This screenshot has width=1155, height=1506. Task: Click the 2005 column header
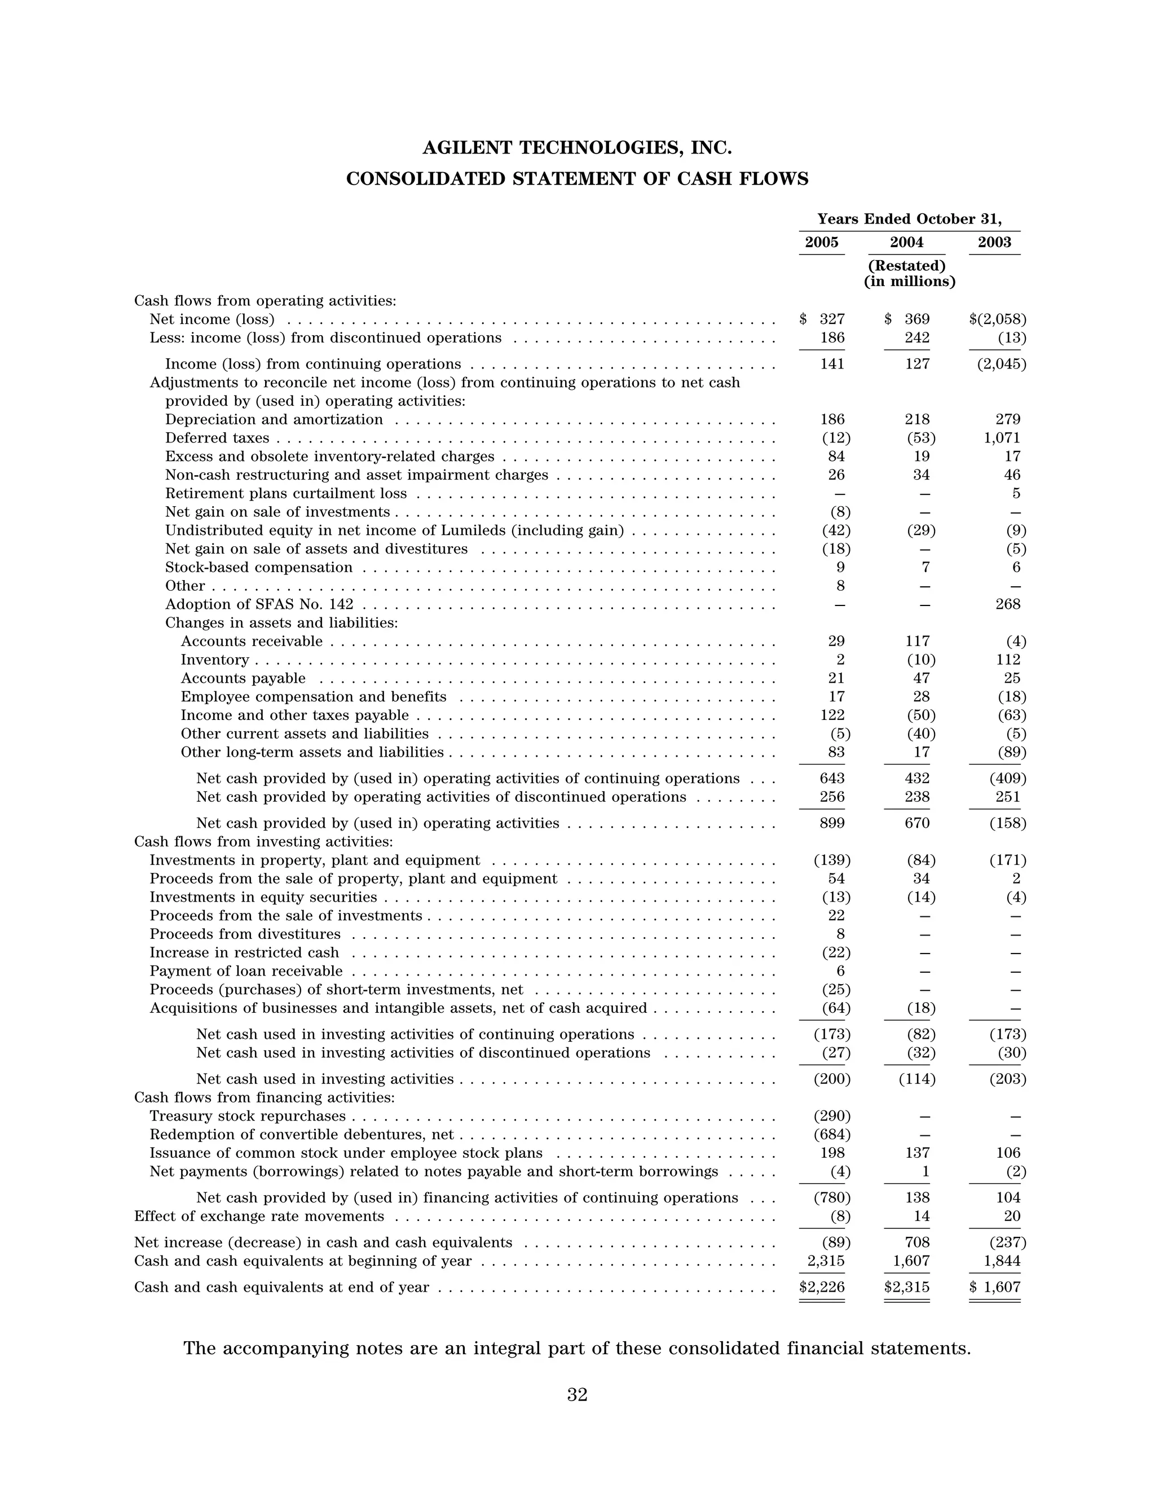pyautogui.click(x=822, y=242)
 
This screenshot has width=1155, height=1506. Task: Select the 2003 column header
pyautogui.click(x=994, y=242)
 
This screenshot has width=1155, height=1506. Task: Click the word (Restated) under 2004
pyautogui.click(x=907, y=265)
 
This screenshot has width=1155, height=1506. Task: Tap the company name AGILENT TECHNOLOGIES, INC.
pyautogui.click(x=577, y=148)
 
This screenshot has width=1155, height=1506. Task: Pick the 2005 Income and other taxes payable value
pyautogui.click(x=832, y=715)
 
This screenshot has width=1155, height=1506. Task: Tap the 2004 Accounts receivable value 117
pyautogui.click(x=917, y=642)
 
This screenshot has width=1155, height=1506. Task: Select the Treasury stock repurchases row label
pyautogui.click(x=248, y=1116)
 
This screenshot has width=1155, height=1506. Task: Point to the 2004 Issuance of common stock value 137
pyautogui.click(x=917, y=1153)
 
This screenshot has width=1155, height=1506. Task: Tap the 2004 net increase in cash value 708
pyautogui.click(x=917, y=1242)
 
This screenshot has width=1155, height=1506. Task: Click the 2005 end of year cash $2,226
pyautogui.click(x=822, y=1287)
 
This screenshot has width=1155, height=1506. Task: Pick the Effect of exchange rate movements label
pyautogui.click(x=259, y=1217)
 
